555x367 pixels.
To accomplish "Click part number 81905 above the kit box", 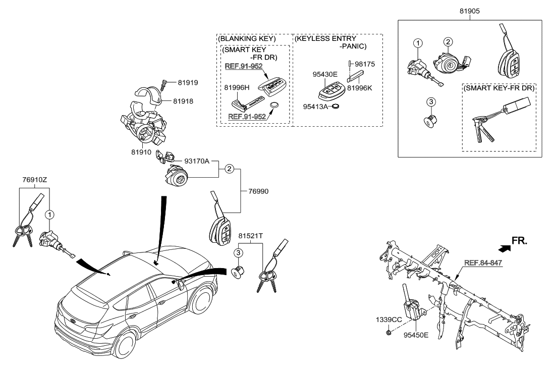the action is coord(469,11).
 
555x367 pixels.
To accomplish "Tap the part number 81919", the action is coord(188,83).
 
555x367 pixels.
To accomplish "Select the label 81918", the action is coord(183,101).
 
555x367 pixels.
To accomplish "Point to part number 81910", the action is coord(141,152).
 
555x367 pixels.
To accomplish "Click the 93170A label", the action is coord(197,161).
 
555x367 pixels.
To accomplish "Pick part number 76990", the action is coord(258,191).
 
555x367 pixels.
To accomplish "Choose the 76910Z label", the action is coord(34,180).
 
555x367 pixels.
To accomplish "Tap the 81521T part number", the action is coord(251,236).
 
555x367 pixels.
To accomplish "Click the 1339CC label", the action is coord(388,320).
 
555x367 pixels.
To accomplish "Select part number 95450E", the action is coord(416,335).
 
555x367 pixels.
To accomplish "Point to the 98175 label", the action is coord(365,64).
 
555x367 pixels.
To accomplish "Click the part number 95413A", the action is coord(316,107).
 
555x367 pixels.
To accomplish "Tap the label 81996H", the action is coord(237,87).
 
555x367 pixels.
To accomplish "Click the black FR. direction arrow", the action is coord(504,249).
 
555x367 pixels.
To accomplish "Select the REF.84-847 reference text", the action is coord(483,263).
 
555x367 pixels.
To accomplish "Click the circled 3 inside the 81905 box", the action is coord(431,102).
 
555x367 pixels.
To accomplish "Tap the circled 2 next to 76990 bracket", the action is coord(230,169).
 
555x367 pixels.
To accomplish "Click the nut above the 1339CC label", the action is coord(388,333).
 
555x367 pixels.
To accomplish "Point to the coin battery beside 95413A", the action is coord(335,107).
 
